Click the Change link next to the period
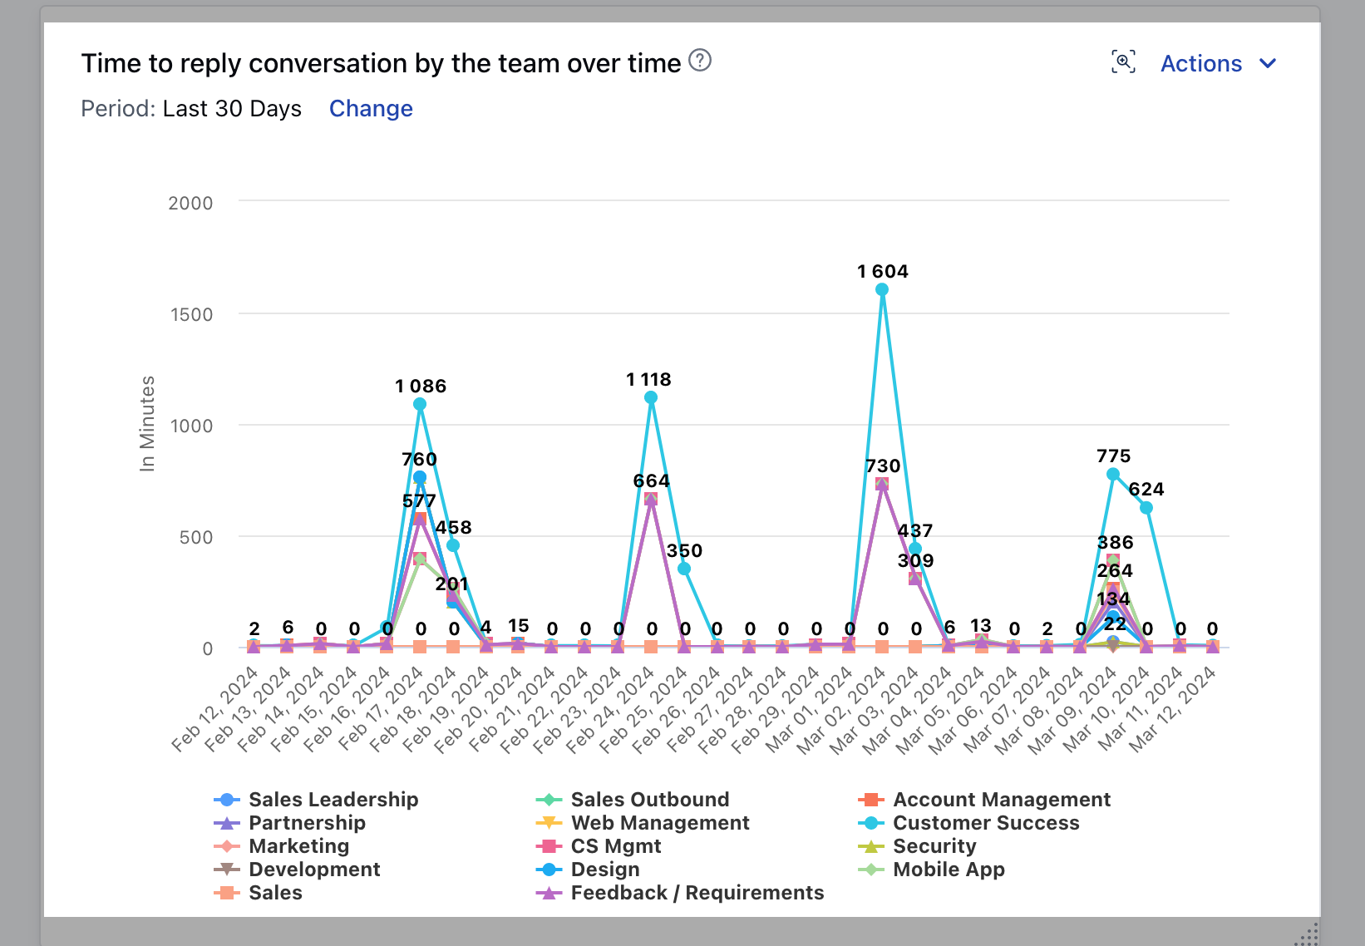(371, 109)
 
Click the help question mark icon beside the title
(701, 61)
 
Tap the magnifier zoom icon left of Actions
(1123, 62)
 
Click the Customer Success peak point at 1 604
(882, 290)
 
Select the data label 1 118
(648, 380)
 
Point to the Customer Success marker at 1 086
(420, 405)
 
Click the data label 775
(1113, 456)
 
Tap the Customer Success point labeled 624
(1146, 508)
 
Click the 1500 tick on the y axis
(191, 315)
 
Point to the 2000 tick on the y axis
(190, 204)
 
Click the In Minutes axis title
(147, 424)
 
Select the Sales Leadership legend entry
(333, 800)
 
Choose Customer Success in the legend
(985, 823)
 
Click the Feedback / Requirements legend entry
(697, 893)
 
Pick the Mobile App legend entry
(948, 870)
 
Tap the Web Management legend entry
(659, 823)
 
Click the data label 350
(684, 551)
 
